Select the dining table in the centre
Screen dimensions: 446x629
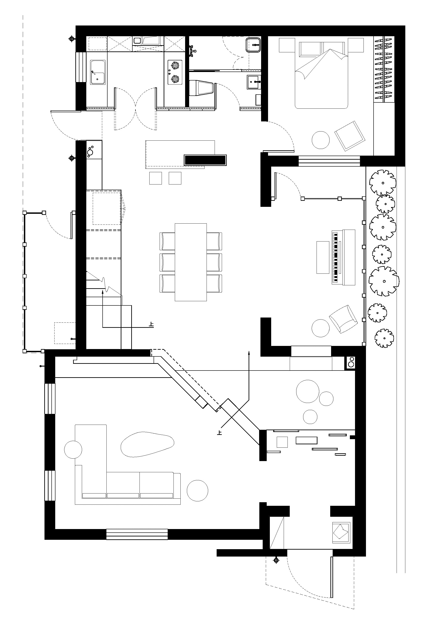point(191,262)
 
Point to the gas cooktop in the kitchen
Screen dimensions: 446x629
point(174,72)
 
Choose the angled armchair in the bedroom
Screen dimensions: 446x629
point(350,136)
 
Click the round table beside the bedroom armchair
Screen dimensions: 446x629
point(321,140)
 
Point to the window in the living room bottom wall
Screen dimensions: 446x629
point(137,534)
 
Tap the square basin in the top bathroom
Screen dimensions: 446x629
point(253,45)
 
